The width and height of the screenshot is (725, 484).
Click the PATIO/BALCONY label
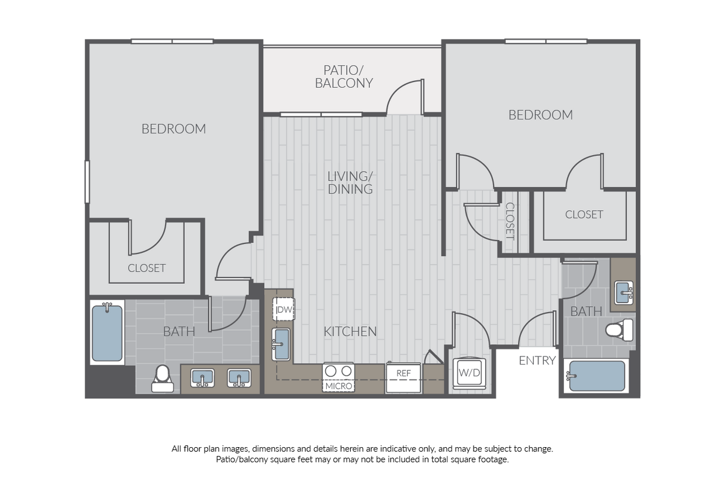344,77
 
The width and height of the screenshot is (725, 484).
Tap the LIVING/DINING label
350,183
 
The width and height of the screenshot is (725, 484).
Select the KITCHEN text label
350,331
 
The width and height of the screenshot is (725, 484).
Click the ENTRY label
537,361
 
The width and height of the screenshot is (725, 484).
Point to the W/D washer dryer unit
469,373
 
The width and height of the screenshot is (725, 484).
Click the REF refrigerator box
403,377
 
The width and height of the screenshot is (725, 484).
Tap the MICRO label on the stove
339,386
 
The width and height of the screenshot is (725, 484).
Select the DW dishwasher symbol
284,310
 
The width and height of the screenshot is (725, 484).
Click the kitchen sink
281,344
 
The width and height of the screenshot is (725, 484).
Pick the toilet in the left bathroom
163,379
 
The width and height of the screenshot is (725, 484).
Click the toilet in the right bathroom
619,330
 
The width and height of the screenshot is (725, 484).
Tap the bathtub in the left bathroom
107,332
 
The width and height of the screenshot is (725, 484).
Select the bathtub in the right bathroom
596,376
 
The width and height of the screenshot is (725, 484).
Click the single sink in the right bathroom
624,293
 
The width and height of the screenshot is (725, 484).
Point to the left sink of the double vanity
202,377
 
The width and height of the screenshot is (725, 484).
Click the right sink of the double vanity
239,377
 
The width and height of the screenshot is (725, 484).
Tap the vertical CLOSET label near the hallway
510,221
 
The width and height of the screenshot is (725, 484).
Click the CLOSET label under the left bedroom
147,268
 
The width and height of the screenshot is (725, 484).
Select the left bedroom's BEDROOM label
174,129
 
